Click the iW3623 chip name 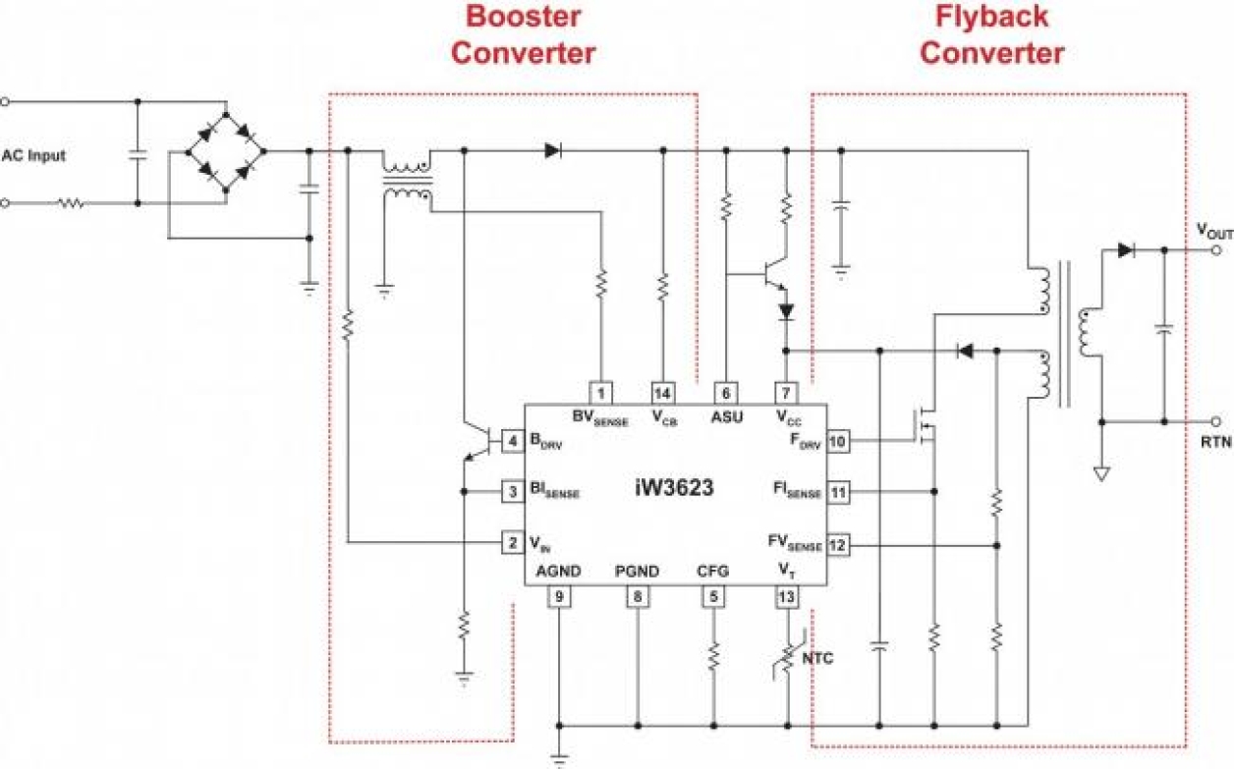point(673,488)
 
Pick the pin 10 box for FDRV point(836,441)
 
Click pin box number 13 point(787,595)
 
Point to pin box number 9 point(559,595)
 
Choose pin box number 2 point(512,541)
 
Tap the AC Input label point(33,155)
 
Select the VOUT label point(1213,231)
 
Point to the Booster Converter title point(523,34)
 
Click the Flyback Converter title point(991,34)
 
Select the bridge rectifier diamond point(227,152)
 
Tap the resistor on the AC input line point(71,203)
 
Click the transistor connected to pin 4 point(479,441)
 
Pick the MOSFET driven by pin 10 point(924,426)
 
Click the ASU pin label point(727,416)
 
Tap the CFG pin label point(712,572)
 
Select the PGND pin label point(637,572)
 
